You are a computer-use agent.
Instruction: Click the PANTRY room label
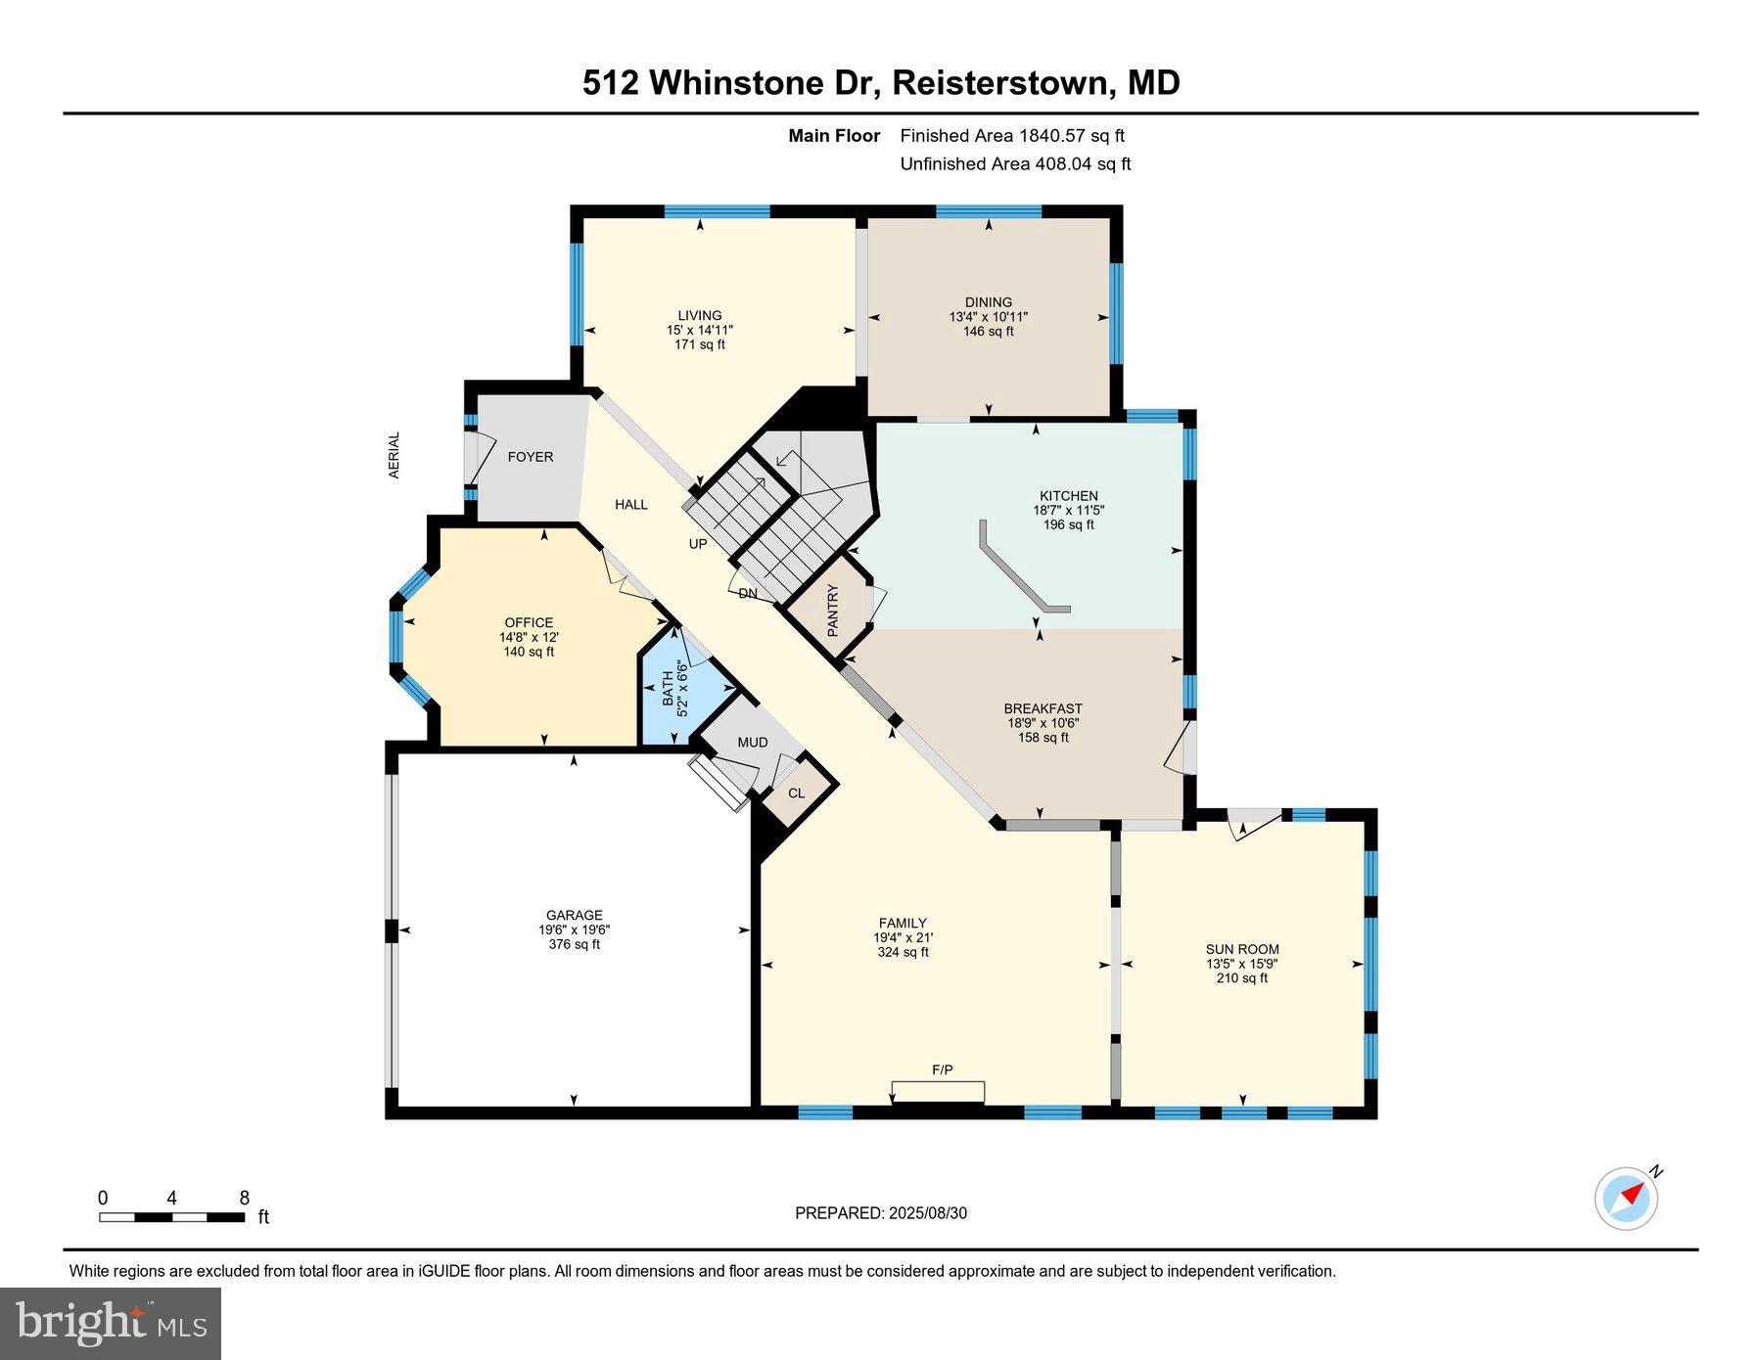(x=833, y=611)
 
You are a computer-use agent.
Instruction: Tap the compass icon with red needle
(x=1626, y=1198)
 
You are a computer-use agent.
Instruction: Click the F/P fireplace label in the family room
(x=942, y=1070)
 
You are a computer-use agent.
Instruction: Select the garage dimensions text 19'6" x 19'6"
(x=575, y=930)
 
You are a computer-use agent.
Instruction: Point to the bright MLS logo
(x=111, y=1324)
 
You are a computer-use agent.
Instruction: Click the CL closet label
(x=797, y=793)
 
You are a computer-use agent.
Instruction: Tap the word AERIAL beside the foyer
(x=394, y=455)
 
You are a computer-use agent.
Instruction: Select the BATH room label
(x=669, y=689)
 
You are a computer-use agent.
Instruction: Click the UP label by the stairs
(x=698, y=544)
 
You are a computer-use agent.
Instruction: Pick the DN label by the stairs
(x=748, y=594)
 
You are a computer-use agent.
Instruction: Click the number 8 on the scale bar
(x=245, y=1198)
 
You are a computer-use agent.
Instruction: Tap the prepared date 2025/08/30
(x=928, y=1213)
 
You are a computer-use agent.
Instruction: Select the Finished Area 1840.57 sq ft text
(x=1012, y=136)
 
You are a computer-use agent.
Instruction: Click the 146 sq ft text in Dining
(x=989, y=332)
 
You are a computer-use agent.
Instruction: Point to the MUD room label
(x=753, y=743)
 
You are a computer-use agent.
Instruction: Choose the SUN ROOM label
(x=1242, y=949)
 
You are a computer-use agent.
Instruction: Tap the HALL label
(x=631, y=505)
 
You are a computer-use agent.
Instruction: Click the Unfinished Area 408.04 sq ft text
(x=1015, y=164)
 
